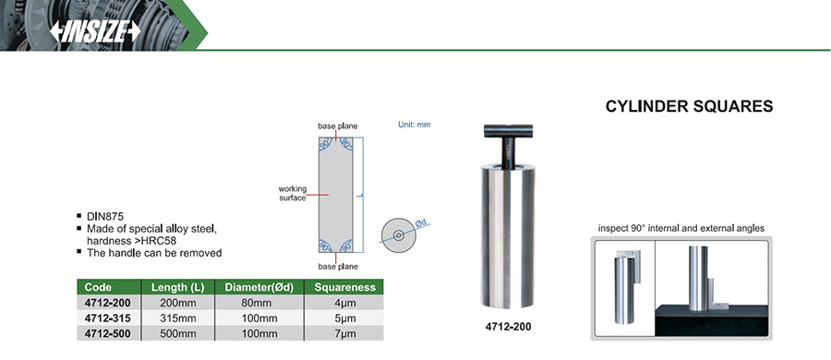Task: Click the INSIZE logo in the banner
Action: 95,31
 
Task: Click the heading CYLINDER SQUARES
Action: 689,106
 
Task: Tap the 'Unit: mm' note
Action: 415,125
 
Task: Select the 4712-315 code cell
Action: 108,318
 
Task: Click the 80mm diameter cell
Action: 259,304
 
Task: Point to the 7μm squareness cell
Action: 343,334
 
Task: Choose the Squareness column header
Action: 345,287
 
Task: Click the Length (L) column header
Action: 178,287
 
